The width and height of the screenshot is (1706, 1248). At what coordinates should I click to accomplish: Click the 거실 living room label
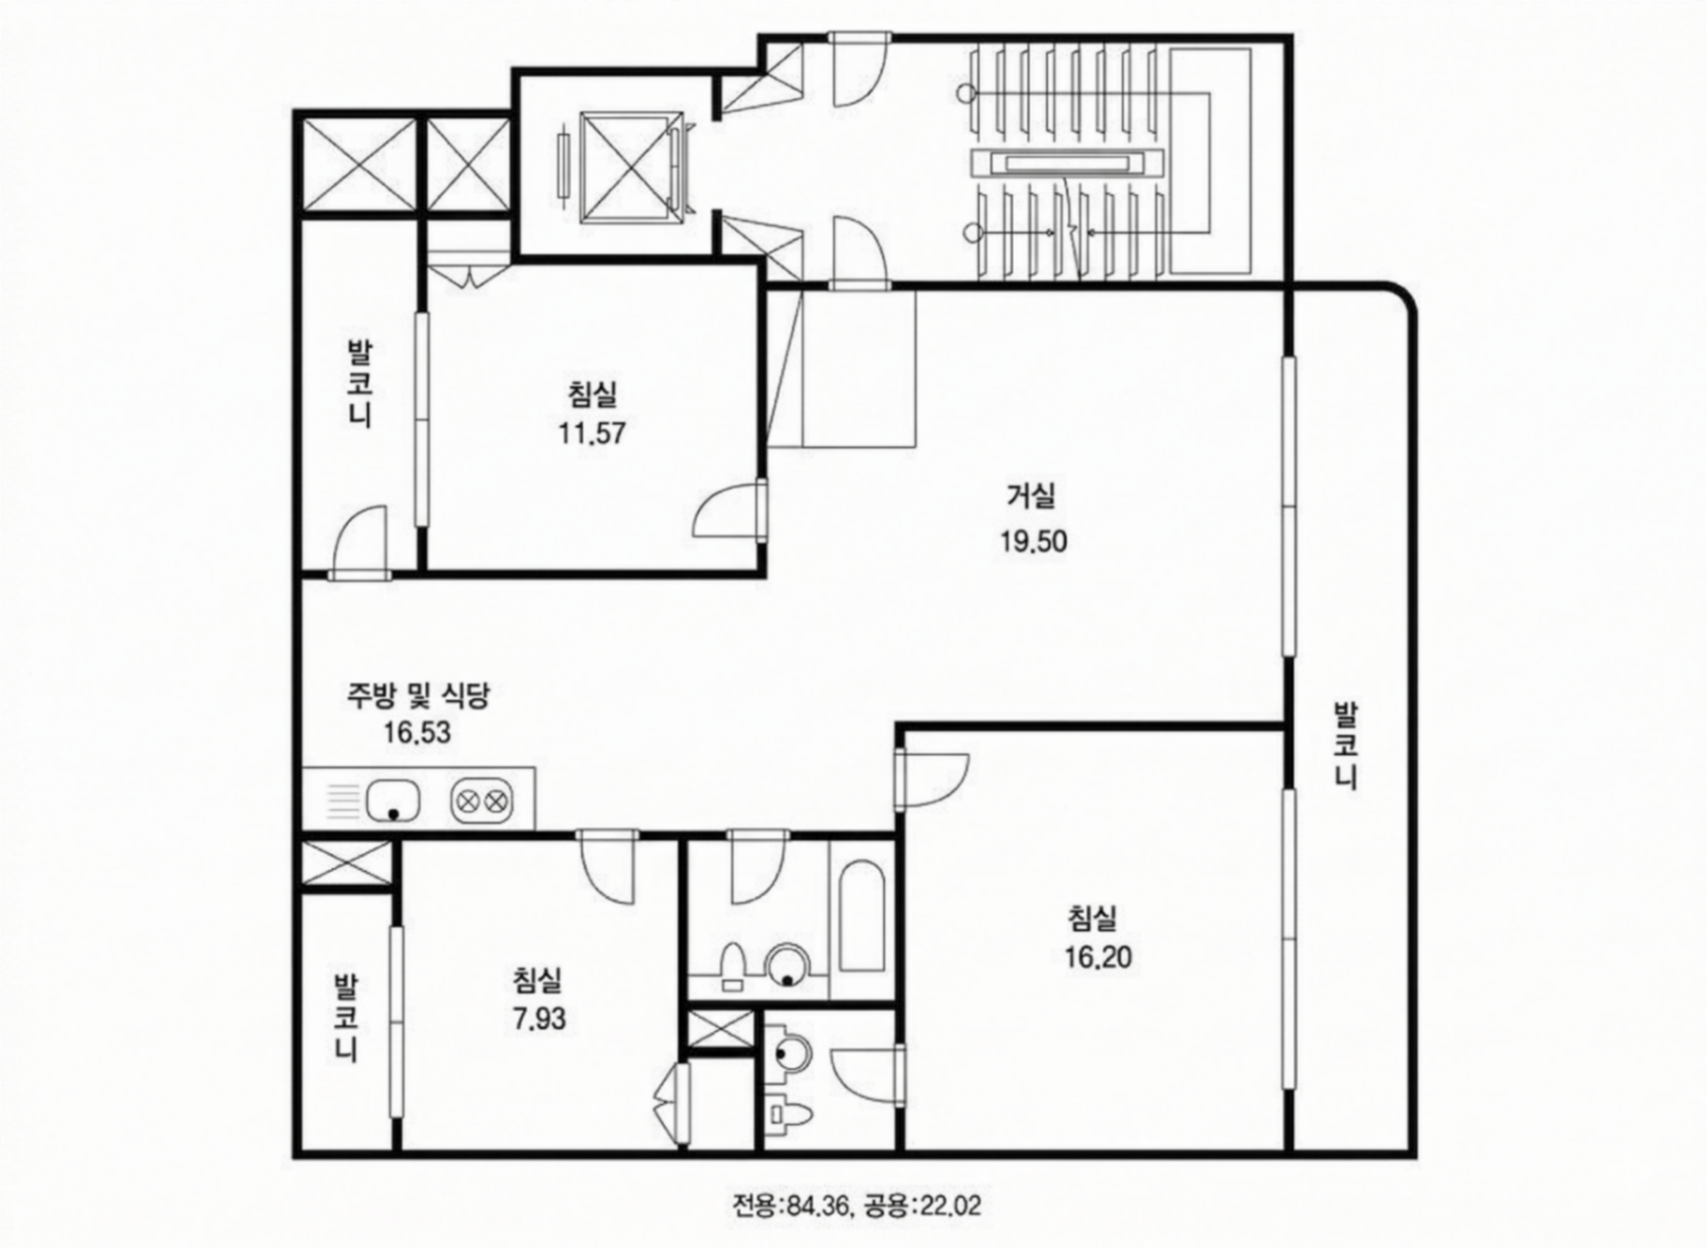coord(1032,496)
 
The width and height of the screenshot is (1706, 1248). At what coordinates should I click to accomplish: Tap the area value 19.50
coord(1034,542)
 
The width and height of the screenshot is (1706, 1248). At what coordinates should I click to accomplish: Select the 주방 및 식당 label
coord(419,695)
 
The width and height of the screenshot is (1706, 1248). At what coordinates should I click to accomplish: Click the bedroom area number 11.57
coord(592,434)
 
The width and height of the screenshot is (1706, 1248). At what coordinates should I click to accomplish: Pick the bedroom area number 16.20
coord(1099,957)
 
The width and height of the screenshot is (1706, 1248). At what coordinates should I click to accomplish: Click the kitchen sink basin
coord(394,801)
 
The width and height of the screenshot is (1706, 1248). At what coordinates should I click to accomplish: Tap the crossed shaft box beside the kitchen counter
coord(346,862)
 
